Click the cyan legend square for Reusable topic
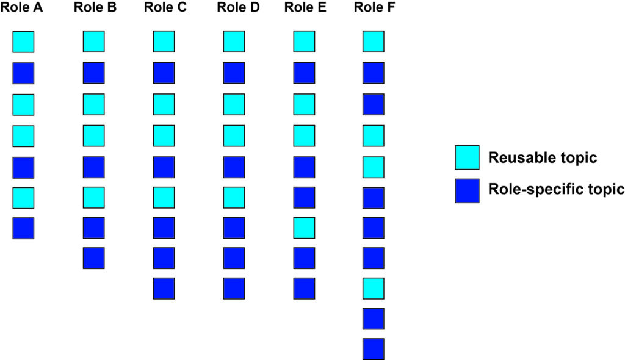pyautogui.click(x=466, y=157)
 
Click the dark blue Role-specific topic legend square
pyautogui.click(x=466, y=190)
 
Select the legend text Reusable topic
pyautogui.click(x=542, y=158)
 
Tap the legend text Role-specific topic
pyautogui.click(x=555, y=189)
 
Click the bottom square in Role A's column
pyautogui.click(x=23, y=228)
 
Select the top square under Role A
pyautogui.click(x=23, y=41)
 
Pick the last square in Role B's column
pyautogui.click(x=93, y=257)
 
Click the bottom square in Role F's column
pyautogui.click(x=373, y=349)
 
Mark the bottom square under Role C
pyautogui.click(x=164, y=288)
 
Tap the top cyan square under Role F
pyautogui.click(x=373, y=41)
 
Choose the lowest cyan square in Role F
pyautogui.click(x=373, y=288)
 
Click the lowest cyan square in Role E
pyautogui.click(x=304, y=228)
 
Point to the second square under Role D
pyautogui.click(x=234, y=73)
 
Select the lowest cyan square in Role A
pyautogui.click(x=23, y=197)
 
